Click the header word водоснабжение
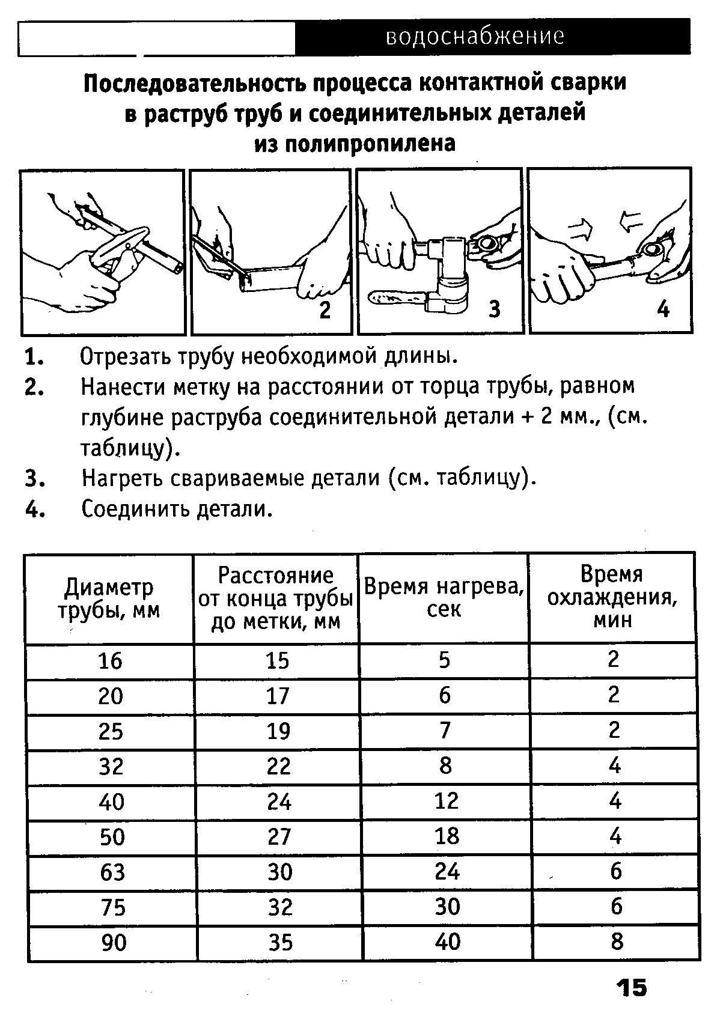(x=475, y=37)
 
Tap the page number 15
(x=630, y=988)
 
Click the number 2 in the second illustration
(x=325, y=310)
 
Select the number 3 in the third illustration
(x=494, y=309)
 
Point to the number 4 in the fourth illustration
(x=664, y=309)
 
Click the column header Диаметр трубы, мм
(x=109, y=598)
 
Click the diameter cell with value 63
(x=112, y=871)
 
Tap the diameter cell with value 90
(x=113, y=942)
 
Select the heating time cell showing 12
(x=446, y=800)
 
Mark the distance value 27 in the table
(x=279, y=836)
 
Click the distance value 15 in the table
(x=278, y=660)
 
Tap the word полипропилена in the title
(x=355, y=144)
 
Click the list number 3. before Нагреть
(x=35, y=479)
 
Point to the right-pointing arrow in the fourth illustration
(x=580, y=227)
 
